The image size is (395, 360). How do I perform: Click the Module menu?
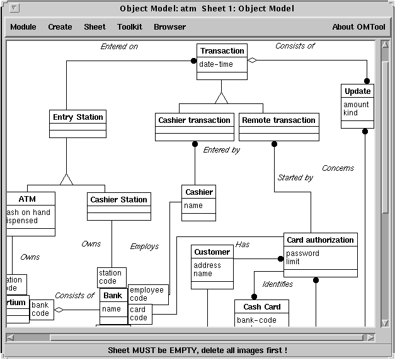[x=23, y=27]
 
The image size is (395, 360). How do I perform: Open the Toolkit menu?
[x=130, y=27]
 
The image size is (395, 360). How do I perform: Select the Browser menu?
[x=169, y=27]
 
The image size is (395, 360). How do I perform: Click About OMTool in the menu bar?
[x=358, y=27]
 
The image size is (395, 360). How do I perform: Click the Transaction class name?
[x=222, y=51]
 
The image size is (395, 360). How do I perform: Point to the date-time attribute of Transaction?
[x=216, y=64]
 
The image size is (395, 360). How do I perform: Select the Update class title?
[x=357, y=91]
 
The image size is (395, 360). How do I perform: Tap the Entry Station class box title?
[x=77, y=117]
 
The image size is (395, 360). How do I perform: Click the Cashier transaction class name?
[x=194, y=120]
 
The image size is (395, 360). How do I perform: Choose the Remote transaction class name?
[x=278, y=120]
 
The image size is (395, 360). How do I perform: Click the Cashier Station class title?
[x=118, y=200]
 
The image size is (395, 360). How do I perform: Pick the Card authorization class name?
[x=320, y=240]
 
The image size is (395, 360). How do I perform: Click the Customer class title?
[x=212, y=252]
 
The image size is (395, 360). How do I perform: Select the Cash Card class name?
[x=261, y=307]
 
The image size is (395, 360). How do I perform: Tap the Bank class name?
[x=113, y=296]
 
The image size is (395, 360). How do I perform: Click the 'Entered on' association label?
[x=119, y=47]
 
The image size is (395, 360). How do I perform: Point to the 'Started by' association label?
[x=295, y=178]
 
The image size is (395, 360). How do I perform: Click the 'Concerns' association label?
[x=338, y=168]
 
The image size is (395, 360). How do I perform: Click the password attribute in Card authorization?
[x=302, y=253]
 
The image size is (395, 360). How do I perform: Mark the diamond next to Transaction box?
[x=253, y=61]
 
